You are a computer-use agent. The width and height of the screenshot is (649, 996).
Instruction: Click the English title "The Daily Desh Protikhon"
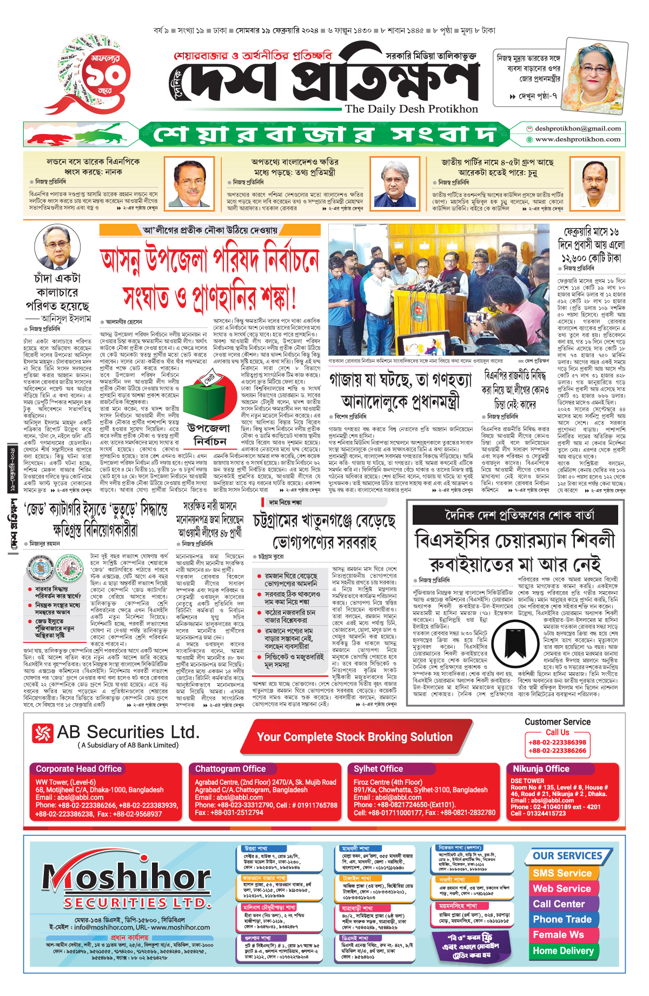(x=411, y=109)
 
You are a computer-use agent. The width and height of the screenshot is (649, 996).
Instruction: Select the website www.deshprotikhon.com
(x=578, y=139)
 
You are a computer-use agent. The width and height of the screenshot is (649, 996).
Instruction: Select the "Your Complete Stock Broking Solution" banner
(x=354, y=737)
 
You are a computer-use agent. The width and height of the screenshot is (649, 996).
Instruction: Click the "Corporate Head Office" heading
(x=79, y=768)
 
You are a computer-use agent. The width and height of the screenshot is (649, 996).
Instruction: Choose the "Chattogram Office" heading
(x=230, y=768)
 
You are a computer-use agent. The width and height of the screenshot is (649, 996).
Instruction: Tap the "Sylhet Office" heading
(x=378, y=768)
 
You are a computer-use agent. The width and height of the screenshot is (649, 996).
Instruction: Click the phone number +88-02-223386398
(x=557, y=743)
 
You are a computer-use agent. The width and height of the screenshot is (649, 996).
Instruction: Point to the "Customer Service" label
(x=557, y=722)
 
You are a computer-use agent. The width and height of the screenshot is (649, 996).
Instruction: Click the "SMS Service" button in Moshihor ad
(x=562, y=873)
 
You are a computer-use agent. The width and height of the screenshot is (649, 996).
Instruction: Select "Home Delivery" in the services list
(x=563, y=951)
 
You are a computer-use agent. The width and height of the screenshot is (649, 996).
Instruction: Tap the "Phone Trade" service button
(x=562, y=919)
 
